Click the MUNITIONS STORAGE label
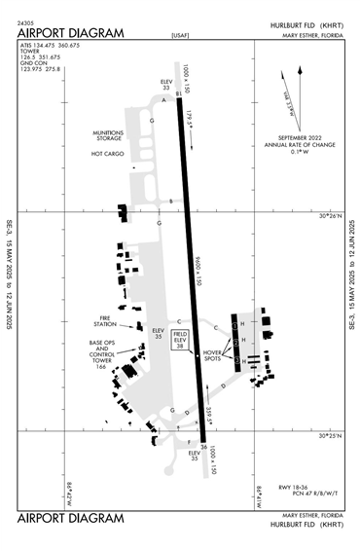(x=107, y=136)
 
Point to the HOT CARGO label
(x=109, y=154)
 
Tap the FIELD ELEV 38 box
(x=180, y=338)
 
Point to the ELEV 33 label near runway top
(x=165, y=85)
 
